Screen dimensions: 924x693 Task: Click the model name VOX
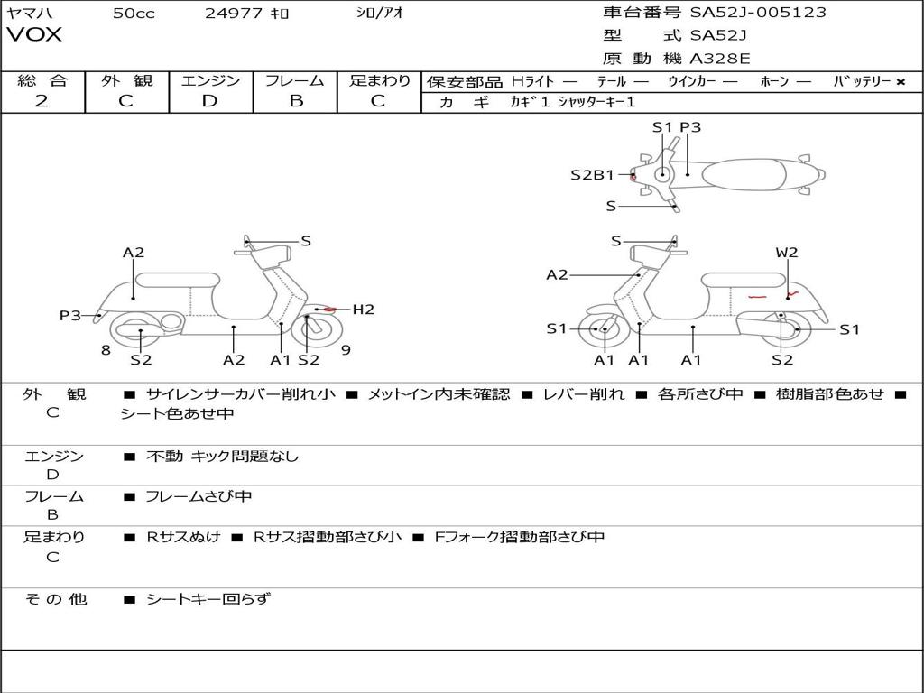(x=34, y=35)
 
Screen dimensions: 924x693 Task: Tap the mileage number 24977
(x=234, y=14)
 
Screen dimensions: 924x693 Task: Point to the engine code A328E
(x=720, y=59)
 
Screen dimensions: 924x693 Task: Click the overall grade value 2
(x=42, y=101)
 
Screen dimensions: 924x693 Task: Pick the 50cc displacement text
(x=134, y=14)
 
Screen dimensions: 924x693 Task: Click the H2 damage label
(x=363, y=310)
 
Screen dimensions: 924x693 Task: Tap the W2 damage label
(x=787, y=253)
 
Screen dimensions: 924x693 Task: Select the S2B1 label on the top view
(x=592, y=175)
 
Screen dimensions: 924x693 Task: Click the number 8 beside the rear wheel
(x=106, y=350)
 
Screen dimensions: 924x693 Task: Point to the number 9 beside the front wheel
(x=346, y=350)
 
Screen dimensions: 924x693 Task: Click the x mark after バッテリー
(x=900, y=82)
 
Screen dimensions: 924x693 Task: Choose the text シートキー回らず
(x=208, y=598)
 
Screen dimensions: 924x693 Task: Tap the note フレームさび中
(x=199, y=496)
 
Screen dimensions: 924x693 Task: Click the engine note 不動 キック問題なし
(x=222, y=457)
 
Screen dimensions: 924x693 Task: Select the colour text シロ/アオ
(x=380, y=14)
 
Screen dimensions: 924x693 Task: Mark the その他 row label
(x=55, y=599)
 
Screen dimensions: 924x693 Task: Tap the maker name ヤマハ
(x=28, y=14)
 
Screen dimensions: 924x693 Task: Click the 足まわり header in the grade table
(x=380, y=81)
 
